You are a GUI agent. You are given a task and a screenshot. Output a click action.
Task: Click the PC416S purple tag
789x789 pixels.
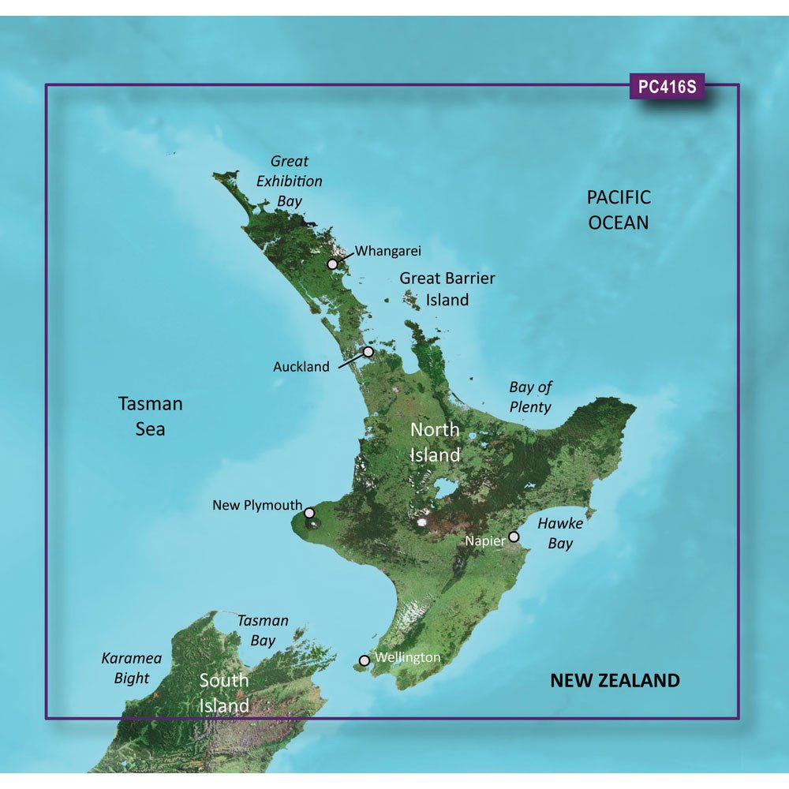click(667, 87)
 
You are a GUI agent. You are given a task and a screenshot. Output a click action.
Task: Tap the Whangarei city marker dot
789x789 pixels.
click(334, 264)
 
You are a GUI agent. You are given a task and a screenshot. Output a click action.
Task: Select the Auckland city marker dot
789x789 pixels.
click(368, 352)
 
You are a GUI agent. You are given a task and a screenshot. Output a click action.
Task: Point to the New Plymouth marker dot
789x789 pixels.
click(310, 513)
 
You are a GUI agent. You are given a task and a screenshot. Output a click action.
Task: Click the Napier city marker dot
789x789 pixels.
click(514, 537)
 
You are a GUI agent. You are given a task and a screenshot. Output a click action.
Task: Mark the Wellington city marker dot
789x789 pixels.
click(364, 660)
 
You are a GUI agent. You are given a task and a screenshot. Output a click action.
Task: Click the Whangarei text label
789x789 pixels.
click(388, 251)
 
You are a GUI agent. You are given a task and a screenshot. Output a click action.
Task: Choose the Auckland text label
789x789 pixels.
click(301, 367)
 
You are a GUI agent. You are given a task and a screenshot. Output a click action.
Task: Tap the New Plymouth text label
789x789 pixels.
click(257, 505)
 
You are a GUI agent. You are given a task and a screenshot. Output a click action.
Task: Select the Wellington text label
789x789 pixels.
click(408, 656)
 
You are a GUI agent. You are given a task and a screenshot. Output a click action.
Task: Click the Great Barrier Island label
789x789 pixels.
click(447, 289)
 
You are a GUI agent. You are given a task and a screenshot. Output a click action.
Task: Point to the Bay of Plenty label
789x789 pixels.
click(530, 397)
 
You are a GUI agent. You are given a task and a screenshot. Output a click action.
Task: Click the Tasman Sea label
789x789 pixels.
click(150, 416)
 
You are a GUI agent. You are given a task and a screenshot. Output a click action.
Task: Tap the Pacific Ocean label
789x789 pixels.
click(619, 209)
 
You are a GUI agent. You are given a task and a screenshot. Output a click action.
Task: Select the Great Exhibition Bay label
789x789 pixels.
click(289, 181)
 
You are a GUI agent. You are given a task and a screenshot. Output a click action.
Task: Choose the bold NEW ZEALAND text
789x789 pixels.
click(614, 680)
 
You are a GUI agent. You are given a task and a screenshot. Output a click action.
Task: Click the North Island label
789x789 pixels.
click(434, 442)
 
